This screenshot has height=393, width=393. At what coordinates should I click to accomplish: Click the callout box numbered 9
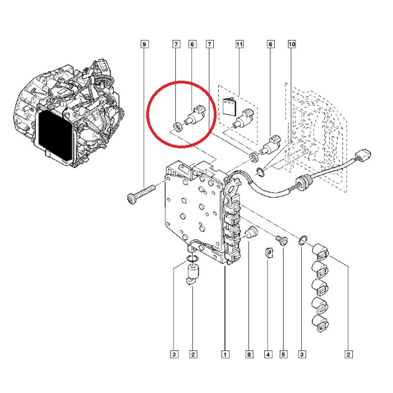click(145, 44)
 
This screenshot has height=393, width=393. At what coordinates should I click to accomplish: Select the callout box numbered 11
click(239, 44)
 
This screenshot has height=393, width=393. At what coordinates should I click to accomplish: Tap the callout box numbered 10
click(292, 44)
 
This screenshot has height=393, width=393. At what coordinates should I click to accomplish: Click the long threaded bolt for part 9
click(141, 194)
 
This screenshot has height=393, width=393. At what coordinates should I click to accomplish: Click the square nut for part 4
click(269, 253)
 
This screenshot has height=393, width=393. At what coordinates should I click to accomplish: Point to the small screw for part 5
click(282, 241)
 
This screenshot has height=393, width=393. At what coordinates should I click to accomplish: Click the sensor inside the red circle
click(195, 116)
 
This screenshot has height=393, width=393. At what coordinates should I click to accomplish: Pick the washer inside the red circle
click(178, 127)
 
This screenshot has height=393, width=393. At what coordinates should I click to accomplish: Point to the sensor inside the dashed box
click(243, 120)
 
